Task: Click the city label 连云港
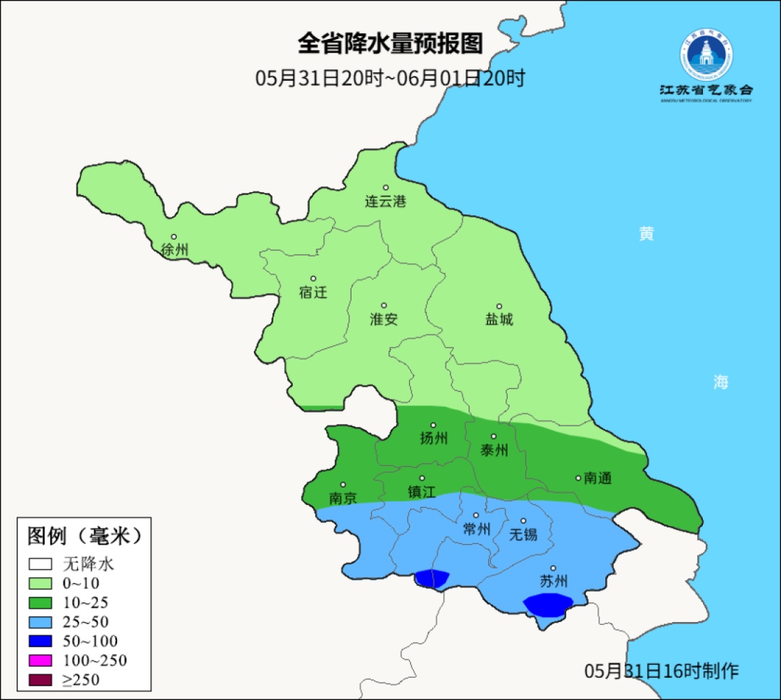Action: (385, 202)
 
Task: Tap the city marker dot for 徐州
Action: (174, 236)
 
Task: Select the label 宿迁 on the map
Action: (313, 293)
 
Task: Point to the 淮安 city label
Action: (384, 319)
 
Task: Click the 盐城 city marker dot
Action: (499, 306)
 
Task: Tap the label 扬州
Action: (434, 438)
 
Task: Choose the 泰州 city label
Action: (495, 450)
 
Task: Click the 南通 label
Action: (597, 478)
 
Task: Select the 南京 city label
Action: (343, 498)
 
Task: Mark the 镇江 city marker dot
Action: (422, 478)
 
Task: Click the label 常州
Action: (477, 529)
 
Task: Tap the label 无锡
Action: (524, 535)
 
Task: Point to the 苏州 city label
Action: (554, 582)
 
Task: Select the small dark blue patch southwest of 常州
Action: (432, 578)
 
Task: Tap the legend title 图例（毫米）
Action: (83, 537)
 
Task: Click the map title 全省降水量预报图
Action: (390, 44)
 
